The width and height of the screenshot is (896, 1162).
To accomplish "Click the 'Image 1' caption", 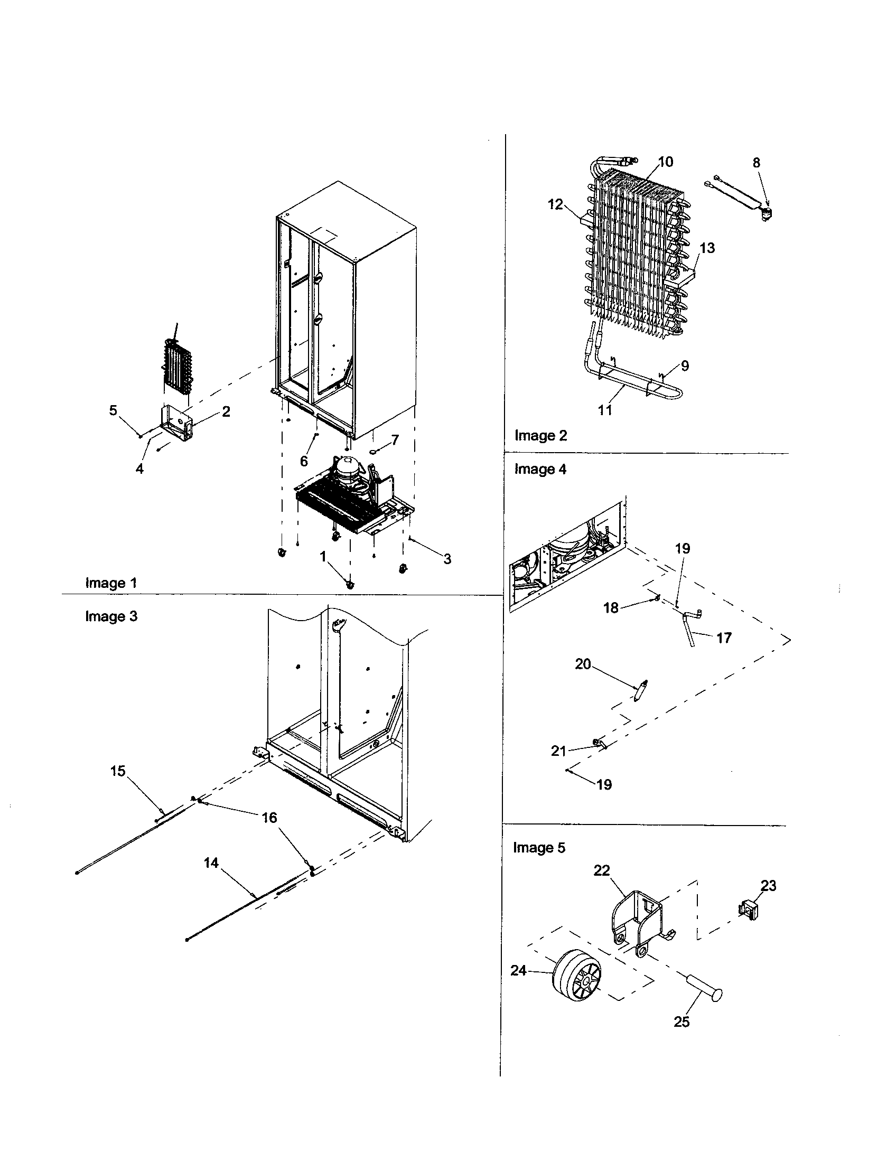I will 110,583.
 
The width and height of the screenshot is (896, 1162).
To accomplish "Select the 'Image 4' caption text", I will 540,469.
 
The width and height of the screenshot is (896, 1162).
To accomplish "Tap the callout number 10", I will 666,162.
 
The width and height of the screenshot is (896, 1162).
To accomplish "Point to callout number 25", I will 682,1022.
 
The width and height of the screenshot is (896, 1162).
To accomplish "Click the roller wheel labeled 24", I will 577,975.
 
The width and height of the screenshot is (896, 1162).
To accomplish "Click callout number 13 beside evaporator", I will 707,248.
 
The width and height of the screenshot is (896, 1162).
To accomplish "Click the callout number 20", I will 583,664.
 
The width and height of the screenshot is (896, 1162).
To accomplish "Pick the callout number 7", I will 395,440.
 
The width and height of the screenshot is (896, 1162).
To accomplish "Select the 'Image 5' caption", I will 539,848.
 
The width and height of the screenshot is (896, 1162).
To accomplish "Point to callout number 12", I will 555,204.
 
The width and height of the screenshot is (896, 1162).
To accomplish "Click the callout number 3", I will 447,559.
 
